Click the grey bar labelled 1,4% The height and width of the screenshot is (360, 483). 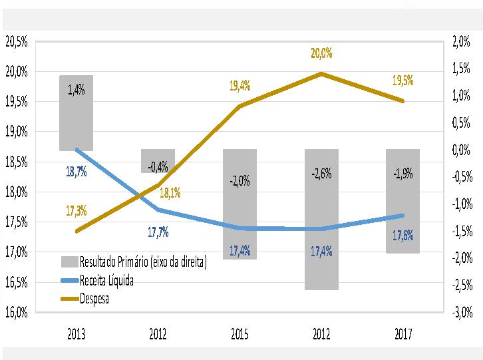(x=76, y=113)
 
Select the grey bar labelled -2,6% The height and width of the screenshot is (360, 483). (x=321, y=220)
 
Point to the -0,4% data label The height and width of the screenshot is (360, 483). (x=158, y=166)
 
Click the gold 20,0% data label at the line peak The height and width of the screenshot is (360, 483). (x=321, y=53)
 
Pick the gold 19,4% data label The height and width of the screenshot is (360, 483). (x=240, y=86)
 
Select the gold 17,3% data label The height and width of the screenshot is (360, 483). (x=76, y=211)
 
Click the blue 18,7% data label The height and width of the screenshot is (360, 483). (x=76, y=172)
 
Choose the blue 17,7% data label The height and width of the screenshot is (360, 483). (x=158, y=232)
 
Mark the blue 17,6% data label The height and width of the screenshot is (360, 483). (x=402, y=236)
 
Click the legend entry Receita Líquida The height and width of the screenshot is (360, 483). (x=106, y=281)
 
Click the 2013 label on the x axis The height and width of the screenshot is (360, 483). (x=76, y=334)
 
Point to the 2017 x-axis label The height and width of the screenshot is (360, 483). (x=402, y=334)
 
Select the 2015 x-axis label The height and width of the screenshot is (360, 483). (x=240, y=334)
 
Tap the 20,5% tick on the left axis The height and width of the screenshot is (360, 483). (x=16, y=42)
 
